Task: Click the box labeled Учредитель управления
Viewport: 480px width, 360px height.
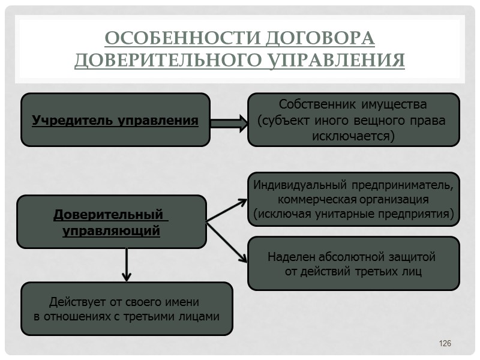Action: tap(115, 120)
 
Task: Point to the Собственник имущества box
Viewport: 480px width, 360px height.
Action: tap(353, 119)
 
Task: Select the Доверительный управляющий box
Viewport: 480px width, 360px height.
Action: tap(111, 222)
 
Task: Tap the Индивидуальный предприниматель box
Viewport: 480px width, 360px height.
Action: tap(353, 199)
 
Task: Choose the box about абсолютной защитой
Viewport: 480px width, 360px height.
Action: tap(353, 263)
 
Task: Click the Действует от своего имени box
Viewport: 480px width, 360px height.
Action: tap(127, 308)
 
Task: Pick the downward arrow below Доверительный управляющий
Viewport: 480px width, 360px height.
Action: tap(127, 265)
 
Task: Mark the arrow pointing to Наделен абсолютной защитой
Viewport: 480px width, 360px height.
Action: tap(227, 242)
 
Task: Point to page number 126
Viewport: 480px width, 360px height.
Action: tap(445, 343)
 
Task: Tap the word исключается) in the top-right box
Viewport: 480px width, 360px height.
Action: tap(353, 136)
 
